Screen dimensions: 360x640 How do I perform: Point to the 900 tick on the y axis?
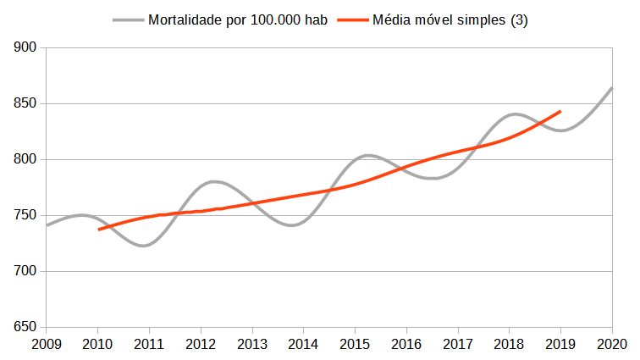(x=25, y=48)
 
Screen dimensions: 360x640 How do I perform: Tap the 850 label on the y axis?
(x=25, y=104)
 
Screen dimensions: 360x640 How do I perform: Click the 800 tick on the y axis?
(x=25, y=160)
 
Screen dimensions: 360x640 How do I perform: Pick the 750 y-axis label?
(x=25, y=216)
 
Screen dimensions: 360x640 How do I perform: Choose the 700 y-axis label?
(x=25, y=272)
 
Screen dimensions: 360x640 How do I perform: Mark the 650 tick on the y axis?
(x=25, y=328)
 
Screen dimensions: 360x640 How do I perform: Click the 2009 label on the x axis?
(x=46, y=344)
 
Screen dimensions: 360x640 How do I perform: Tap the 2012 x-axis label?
(x=201, y=344)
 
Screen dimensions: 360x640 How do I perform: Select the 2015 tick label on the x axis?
(x=355, y=344)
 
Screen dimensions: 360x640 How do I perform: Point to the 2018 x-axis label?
(x=509, y=344)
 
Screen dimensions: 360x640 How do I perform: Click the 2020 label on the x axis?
(x=612, y=344)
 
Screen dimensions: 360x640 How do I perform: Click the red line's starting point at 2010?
(x=98, y=230)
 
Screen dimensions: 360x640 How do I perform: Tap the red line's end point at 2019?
(x=560, y=111)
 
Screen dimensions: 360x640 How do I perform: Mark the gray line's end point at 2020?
(x=612, y=87)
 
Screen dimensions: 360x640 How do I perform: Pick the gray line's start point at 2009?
(x=47, y=225)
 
